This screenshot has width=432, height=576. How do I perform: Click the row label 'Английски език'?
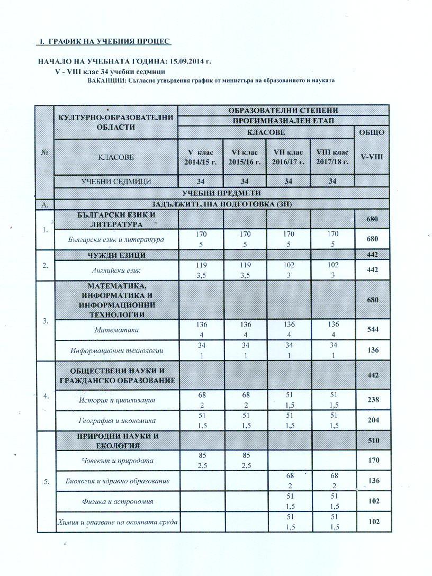coord(116,269)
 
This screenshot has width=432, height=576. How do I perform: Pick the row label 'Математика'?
coord(116,330)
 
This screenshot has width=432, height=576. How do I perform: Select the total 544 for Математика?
coord(374,330)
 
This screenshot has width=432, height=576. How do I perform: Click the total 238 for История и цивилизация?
coord(374,400)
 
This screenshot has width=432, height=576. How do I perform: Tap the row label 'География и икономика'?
coord(116,421)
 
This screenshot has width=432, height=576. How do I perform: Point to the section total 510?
coord(374,440)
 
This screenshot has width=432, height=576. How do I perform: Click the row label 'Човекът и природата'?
coord(116,461)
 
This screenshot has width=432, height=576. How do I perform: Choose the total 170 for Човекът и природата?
coord(374,461)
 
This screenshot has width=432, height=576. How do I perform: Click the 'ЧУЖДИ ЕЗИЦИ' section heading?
coord(116,255)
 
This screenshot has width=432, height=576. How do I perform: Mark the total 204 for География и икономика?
coord(374,421)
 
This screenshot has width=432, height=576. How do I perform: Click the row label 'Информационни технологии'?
coord(116,350)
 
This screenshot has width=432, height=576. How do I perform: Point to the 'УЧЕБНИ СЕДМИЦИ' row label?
coord(116,182)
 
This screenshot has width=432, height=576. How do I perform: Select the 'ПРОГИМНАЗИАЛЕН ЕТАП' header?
coord(283,121)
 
